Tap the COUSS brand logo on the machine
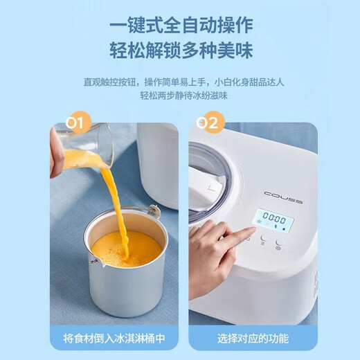click(x=282, y=200)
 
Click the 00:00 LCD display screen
click(x=273, y=223)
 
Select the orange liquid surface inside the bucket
click(x=126, y=248)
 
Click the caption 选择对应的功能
click(x=253, y=339)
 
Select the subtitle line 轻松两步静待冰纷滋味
click(x=180, y=95)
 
